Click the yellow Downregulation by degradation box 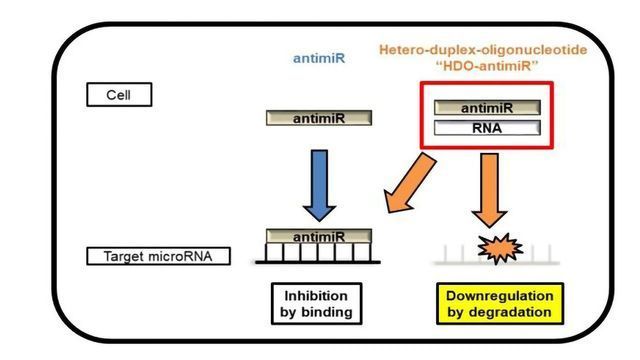500,303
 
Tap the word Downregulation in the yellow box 500,295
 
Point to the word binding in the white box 332,312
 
